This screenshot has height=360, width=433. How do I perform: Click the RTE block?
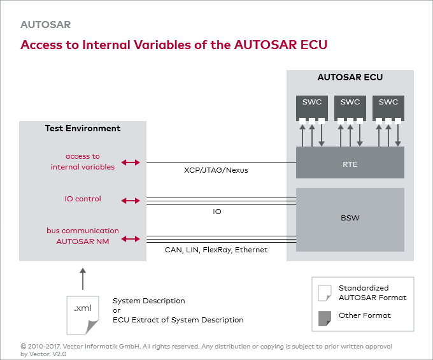click(350, 164)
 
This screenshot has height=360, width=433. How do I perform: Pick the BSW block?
click(350, 218)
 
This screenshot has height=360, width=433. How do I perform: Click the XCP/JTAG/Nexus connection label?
click(216, 171)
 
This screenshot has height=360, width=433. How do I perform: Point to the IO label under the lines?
click(217, 212)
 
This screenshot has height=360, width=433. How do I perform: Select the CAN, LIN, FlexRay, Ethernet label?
click(216, 250)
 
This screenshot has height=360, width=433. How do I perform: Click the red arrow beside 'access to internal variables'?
click(131, 162)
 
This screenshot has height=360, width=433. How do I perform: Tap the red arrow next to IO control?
click(131, 201)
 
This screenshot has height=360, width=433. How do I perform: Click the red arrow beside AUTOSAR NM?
click(131, 239)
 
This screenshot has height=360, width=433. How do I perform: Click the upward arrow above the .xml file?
click(82, 278)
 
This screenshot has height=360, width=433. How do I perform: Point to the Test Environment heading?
click(83, 128)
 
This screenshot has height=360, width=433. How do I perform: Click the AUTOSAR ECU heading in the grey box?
click(350, 78)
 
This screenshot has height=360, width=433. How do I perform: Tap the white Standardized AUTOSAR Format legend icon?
click(325, 292)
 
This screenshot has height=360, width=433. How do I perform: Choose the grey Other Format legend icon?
click(325, 317)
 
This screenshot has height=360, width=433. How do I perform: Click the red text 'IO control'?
click(83, 199)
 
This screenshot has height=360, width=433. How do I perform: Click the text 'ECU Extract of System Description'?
click(178, 320)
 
